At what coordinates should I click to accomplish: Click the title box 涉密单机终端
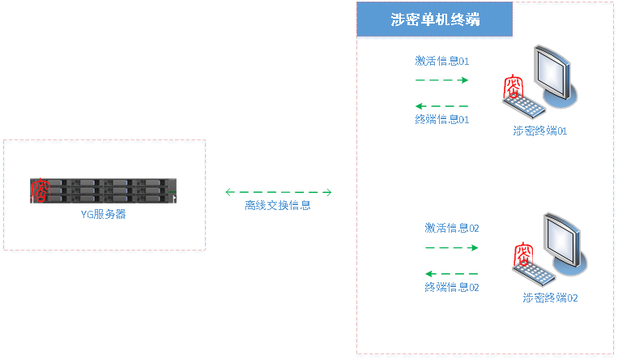tap(436, 20)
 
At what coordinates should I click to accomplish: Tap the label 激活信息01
tap(442, 61)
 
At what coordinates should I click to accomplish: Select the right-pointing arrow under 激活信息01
tap(442, 80)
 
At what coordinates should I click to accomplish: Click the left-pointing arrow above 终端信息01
tap(441, 106)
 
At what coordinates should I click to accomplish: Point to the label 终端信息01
tap(442, 119)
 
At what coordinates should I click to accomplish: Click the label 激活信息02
tap(452, 228)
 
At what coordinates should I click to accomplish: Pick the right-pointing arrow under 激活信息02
tap(452, 247)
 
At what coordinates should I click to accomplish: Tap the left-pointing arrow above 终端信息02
tap(452, 273)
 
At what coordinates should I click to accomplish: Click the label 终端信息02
tap(452, 287)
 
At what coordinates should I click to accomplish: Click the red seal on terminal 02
tap(524, 253)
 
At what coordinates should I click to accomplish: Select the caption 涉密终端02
tap(551, 298)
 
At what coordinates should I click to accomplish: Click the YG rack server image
tap(104, 191)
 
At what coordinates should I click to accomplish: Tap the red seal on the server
tap(39, 191)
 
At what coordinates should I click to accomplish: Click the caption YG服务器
tap(103, 215)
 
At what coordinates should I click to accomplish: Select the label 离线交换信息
tap(278, 205)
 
